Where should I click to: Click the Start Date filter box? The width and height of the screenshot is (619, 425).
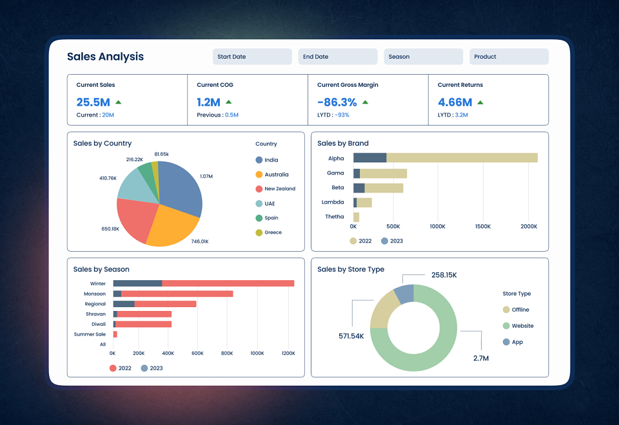click(x=252, y=57)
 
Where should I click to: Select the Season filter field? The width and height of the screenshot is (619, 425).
click(x=423, y=57)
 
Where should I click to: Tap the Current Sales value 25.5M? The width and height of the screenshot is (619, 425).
click(x=93, y=102)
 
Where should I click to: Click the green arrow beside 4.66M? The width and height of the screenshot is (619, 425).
click(x=480, y=102)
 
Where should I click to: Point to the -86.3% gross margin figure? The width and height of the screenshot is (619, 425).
click(x=337, y=102)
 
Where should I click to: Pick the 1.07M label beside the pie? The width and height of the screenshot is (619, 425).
click(x=206, y=176)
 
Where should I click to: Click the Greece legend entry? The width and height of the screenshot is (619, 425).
click(x=268, y=232)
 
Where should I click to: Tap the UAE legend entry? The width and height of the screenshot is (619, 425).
click(x=265, y=203)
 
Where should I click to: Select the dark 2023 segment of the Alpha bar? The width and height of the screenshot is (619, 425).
click(x=370, y=158)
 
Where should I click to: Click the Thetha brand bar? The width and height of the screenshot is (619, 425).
click(x=356, y=217)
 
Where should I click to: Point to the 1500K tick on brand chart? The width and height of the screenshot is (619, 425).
click(x=483, y=226)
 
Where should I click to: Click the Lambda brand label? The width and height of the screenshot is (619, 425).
click(x=333, y=202)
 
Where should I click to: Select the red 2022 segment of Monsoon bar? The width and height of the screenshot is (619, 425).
click(x=177, y=294)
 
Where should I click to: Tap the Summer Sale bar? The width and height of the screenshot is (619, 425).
click(x=115, y=334)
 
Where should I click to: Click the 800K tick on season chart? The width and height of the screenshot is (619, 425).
click(x=227, y=354)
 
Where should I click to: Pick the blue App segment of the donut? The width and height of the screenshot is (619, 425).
click(x=404, y=294)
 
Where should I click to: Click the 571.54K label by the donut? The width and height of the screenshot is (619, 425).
click(x=351, y=336)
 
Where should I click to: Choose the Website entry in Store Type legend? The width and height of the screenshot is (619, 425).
click(x=518, y=326)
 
